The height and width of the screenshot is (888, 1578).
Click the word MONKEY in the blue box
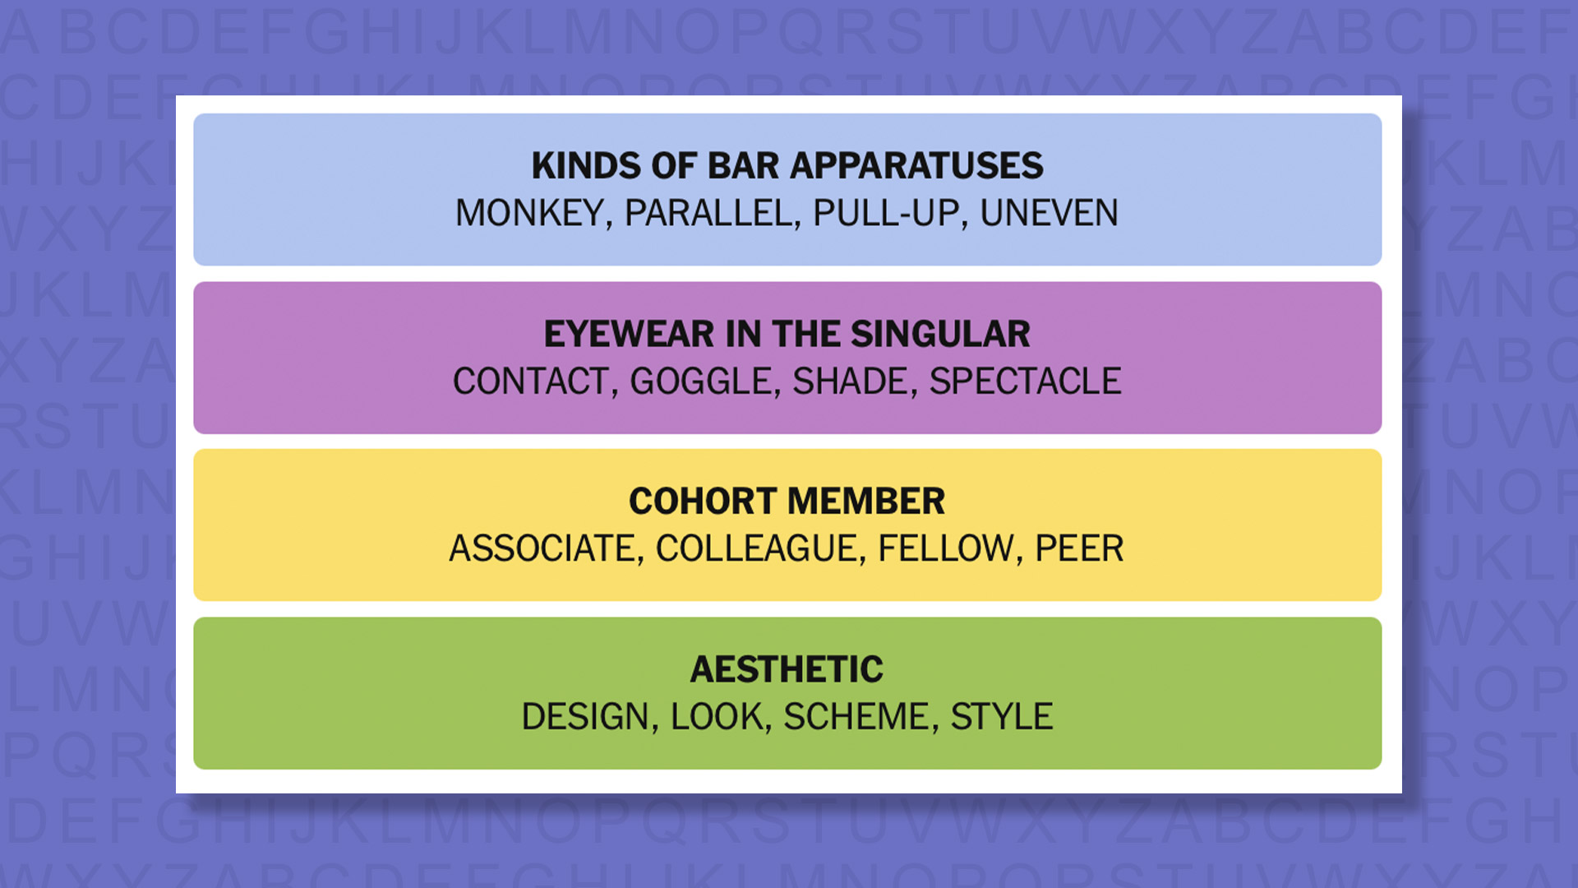(x=530, y=214)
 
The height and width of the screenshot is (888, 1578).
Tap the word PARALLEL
(x=708, y=214)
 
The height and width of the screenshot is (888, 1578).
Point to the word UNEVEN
(x=1049, y=214)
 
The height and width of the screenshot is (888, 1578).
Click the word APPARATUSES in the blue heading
(x=916, y=166)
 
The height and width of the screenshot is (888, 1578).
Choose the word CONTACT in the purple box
(x=530, y=382)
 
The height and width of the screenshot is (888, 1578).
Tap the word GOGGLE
(x=700, y=382)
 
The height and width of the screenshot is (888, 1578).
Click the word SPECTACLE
(x=1025, y=382)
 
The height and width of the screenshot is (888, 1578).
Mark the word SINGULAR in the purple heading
(x=940, y=334)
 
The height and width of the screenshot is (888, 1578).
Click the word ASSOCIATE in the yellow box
(x=542, y=548)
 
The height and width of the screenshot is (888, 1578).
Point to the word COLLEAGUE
(x=756, y=548)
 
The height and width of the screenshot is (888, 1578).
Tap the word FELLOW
(x=945, y=548)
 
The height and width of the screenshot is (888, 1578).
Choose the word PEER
(x=1078, y=548)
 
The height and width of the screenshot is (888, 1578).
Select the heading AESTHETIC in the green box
(x=787, y=669)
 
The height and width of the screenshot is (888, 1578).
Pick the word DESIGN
(x=585, y=717)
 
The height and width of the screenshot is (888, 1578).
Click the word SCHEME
(x=856, y=717)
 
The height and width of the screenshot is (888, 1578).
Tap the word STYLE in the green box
(x=1001, y=717)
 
